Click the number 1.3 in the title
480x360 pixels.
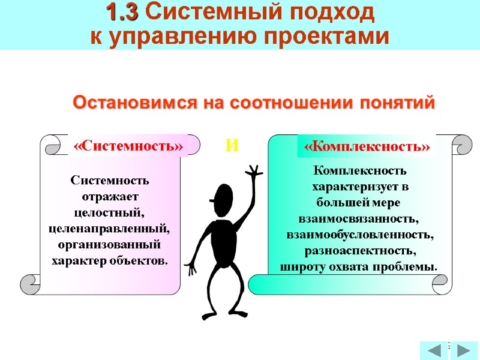click(x=124, y=11)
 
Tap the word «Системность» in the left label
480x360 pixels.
click(x=128, y=146)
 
